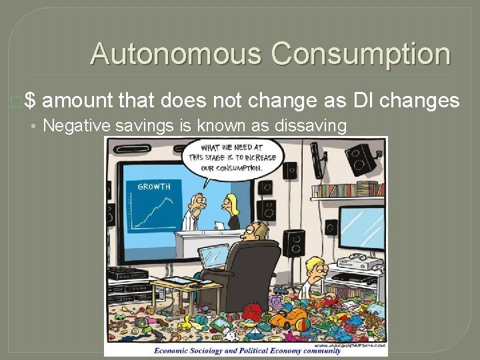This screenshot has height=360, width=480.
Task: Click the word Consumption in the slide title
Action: pos(360,54)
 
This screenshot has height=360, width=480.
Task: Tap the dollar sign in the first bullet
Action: pos(30,101)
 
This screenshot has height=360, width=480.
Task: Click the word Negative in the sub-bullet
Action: pos(74,125)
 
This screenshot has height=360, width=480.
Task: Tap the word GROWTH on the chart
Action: pos(154,187)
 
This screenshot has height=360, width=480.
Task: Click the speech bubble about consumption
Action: pos(231,157)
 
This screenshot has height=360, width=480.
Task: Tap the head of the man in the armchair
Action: pos(254,233)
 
